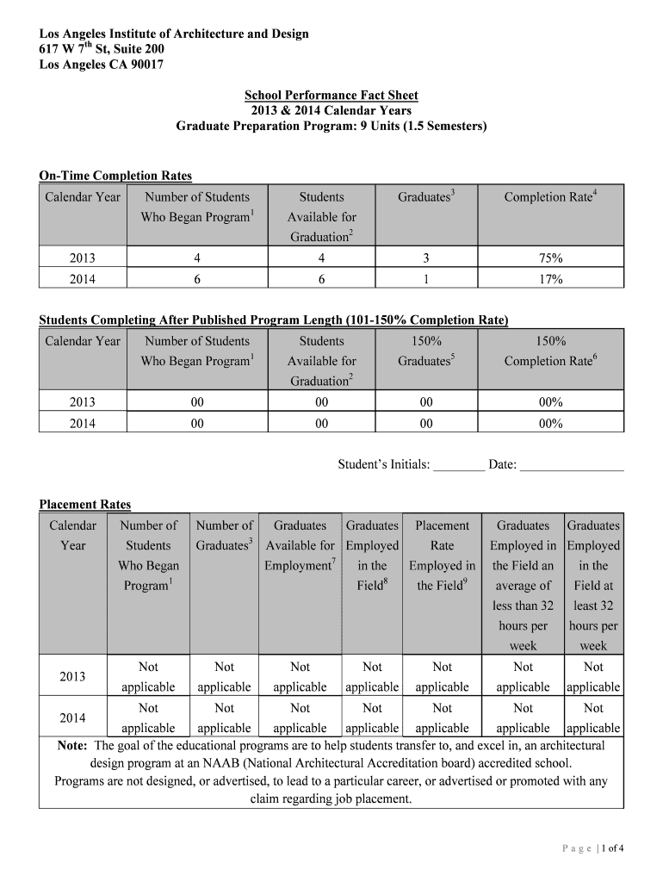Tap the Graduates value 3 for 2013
pyautogui.click(x=426, y=258)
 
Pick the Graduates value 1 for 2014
pyautogui.click(x=426, y=278)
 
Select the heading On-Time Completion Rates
pyautogui.click(x=115, y=176)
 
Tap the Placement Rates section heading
pyautogui.click(x=85, y=504)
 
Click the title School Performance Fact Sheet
pyautogui.click(x=331, y=95)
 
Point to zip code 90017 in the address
pyautogui.click(x=146, y=65)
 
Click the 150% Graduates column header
pyautogui.click(x=426, y=351)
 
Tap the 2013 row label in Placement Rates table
pyautogui.click(x=72, y=677)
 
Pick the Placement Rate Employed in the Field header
pyautogui.click(x=442, y=556)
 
